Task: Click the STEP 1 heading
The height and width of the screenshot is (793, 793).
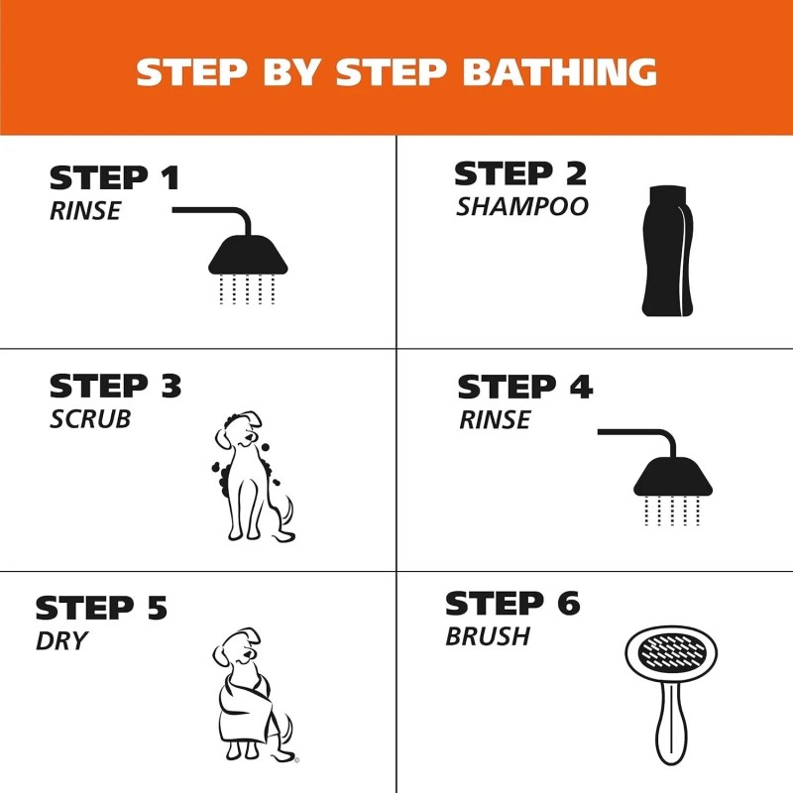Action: pos(114,179)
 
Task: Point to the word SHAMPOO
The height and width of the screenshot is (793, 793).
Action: pos(521,208)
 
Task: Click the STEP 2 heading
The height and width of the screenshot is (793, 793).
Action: pos(519,174)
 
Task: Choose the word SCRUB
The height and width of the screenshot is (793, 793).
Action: pos(89,418)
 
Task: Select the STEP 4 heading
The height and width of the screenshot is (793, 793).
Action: pos(524,388)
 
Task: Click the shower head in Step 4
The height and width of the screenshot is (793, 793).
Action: pos(673,477)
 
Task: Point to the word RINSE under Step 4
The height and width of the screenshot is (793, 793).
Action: pos(494,420)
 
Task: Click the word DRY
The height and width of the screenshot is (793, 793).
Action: pos(61,641)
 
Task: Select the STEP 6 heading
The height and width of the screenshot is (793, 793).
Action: pos(511,604)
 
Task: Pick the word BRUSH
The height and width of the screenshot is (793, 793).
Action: pos(487,636)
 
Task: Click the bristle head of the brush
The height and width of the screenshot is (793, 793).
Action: pos(666,659)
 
